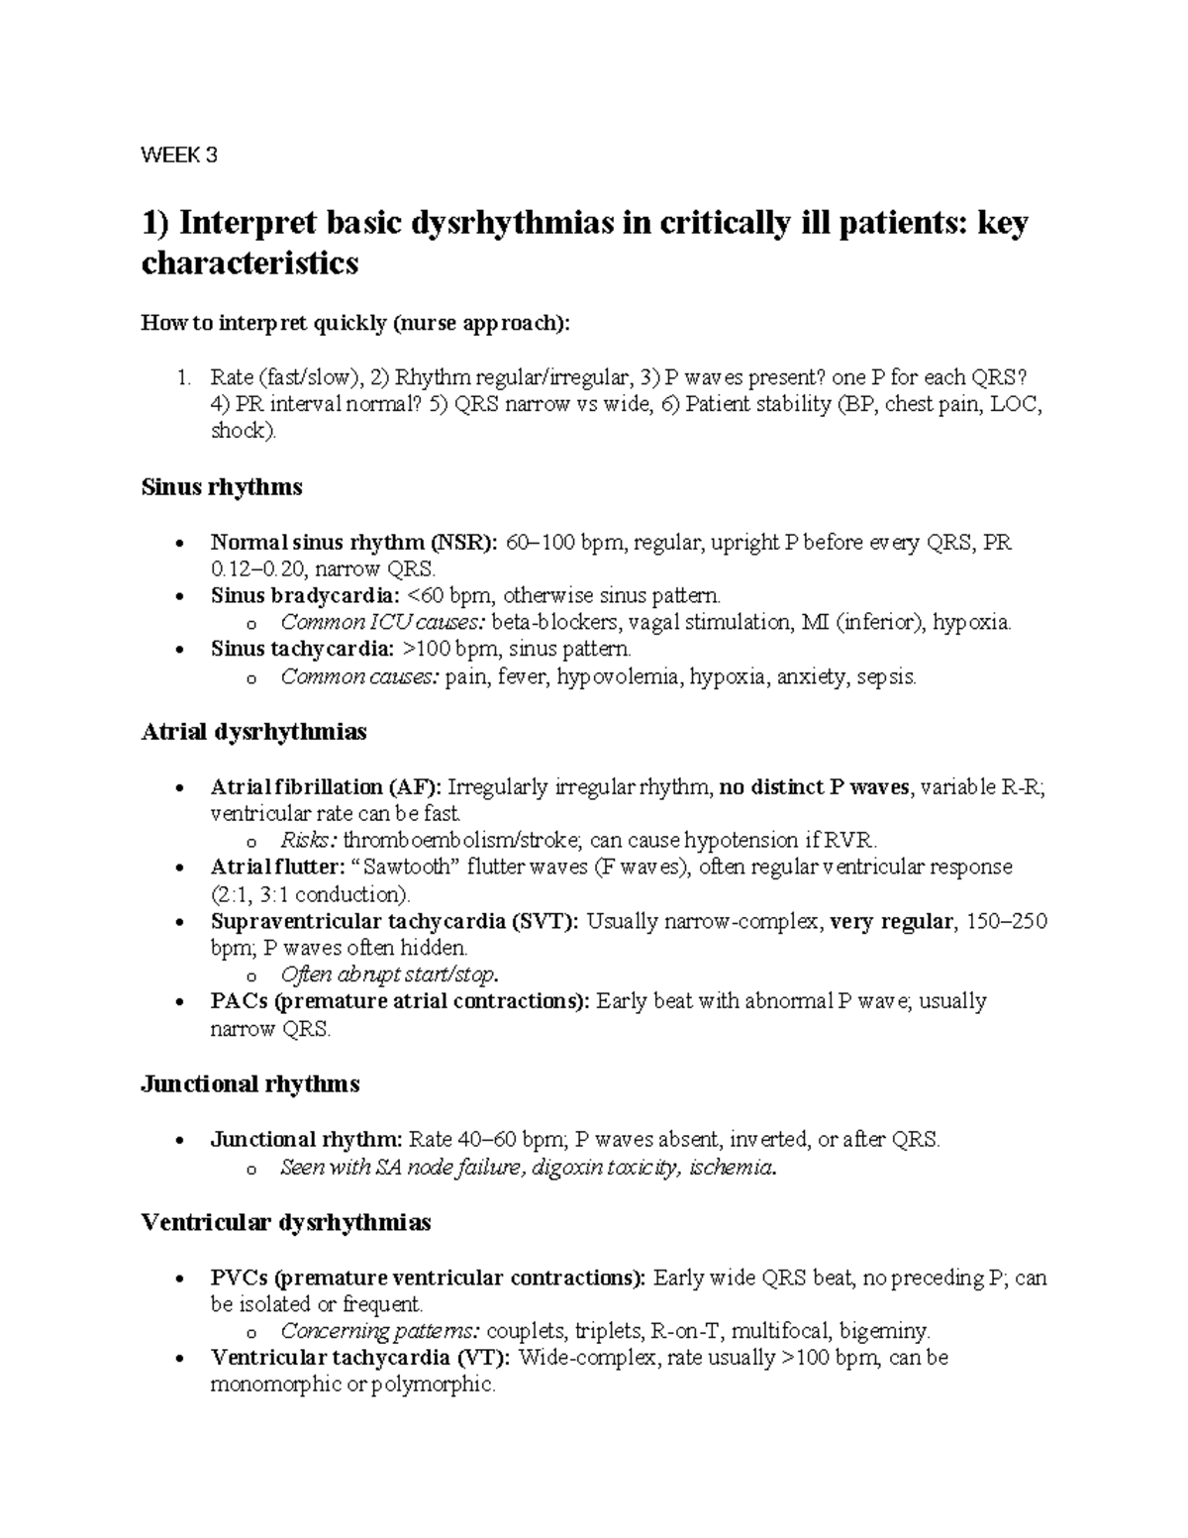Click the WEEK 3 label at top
pyautogui.click(x=179, y=154)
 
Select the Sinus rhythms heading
pyautogui.click(x=222, y=487)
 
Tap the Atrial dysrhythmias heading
pyautogui.click(x=253, y=732)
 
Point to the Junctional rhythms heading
pyautogui.click(x=250, y=1084)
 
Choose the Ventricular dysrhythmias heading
pyautogui.click(x=286, y=1223)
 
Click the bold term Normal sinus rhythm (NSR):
pyautogui.click(x=354, y=543)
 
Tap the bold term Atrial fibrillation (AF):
pyautogui.click(x=326, y=787)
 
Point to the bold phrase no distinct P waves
pyautogui.click(x=815, y=787)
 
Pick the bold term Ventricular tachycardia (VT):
pyautogui.click(x=360, y=1357)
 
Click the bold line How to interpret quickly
pyautogui.click(x=356, y=323)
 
